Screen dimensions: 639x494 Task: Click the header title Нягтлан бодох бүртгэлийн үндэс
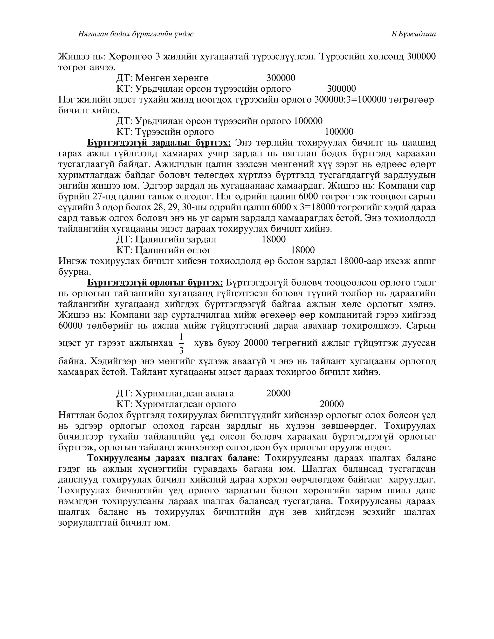(136, 34)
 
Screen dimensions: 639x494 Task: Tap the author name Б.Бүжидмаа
(413, 34)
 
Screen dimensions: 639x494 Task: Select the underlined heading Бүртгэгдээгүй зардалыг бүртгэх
(159, 143)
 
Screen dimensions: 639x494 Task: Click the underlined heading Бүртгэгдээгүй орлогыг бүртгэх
(155, 283)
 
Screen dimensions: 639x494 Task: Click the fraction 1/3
(181, 343)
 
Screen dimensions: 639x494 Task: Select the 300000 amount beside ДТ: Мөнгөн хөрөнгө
(281, 78)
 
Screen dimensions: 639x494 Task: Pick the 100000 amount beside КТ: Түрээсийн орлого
(339, 132)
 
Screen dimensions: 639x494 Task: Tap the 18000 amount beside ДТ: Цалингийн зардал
(274, 239)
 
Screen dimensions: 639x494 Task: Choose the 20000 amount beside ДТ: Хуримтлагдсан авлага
(278, 393)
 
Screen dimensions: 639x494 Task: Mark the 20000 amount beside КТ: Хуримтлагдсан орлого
(332, 404)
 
